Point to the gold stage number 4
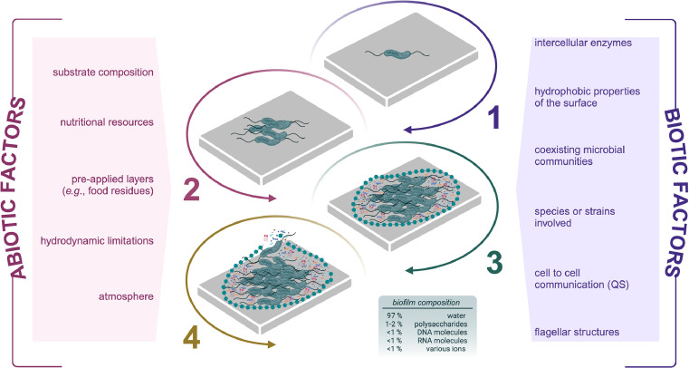(191, 339)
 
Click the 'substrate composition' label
(103, 73)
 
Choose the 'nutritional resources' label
(107, 121)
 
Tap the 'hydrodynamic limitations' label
(97, 241)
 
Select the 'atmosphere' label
(126, 296)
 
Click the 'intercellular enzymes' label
(583, 43)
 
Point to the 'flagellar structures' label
(577, 332)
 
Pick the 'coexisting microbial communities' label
(579, 156)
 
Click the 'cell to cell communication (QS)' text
(581, 279)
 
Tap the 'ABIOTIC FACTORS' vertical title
(18, 189)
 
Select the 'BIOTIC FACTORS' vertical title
(674, 192)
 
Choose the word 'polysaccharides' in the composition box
(440, 324)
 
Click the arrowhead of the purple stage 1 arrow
(407, 130)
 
